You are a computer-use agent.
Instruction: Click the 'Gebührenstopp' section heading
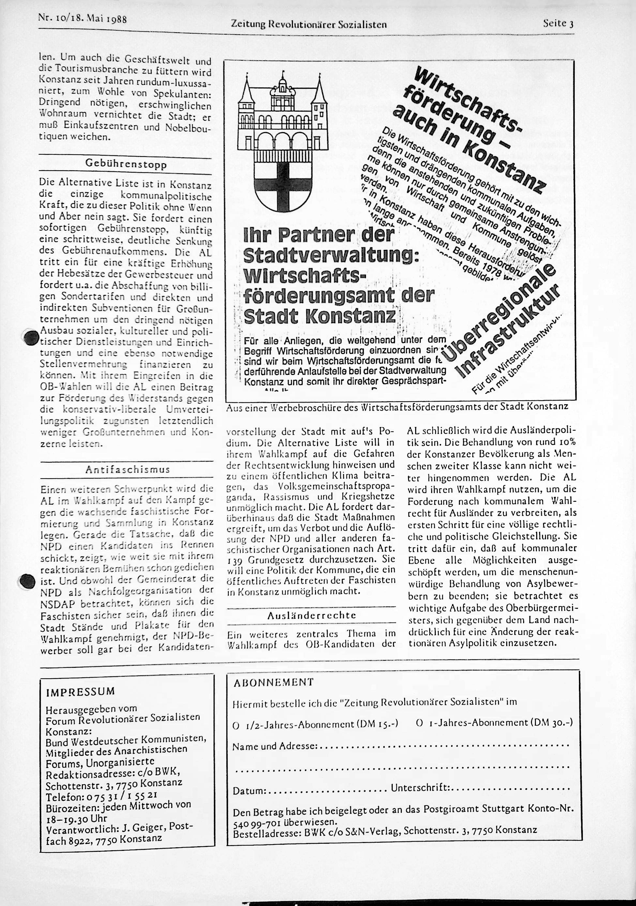(126, 164)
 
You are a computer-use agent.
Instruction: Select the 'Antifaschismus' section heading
(128, 469)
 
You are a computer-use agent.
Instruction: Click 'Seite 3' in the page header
(558, 23)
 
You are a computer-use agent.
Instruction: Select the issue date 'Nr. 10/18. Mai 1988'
(82, 18)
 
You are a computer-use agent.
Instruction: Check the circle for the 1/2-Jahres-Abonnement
(236, 724)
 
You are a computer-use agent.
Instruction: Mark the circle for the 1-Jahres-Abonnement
(420, 723)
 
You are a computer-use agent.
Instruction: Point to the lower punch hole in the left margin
(27, 581)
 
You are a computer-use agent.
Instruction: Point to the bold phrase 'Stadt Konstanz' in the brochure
(320, 316)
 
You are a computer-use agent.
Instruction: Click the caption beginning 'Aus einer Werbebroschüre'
(397, 407)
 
